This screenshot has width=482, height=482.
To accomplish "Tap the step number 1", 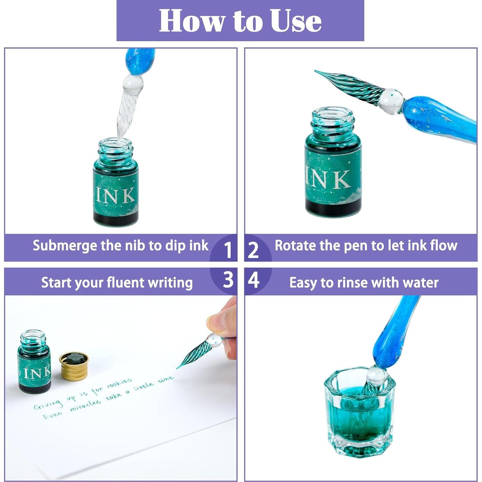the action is tap(228, 250).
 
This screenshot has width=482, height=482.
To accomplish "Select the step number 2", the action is tap(253, 250).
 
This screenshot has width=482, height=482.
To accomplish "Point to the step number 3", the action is tap(228, 280).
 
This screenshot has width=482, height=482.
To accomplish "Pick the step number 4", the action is tap(254, 280).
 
